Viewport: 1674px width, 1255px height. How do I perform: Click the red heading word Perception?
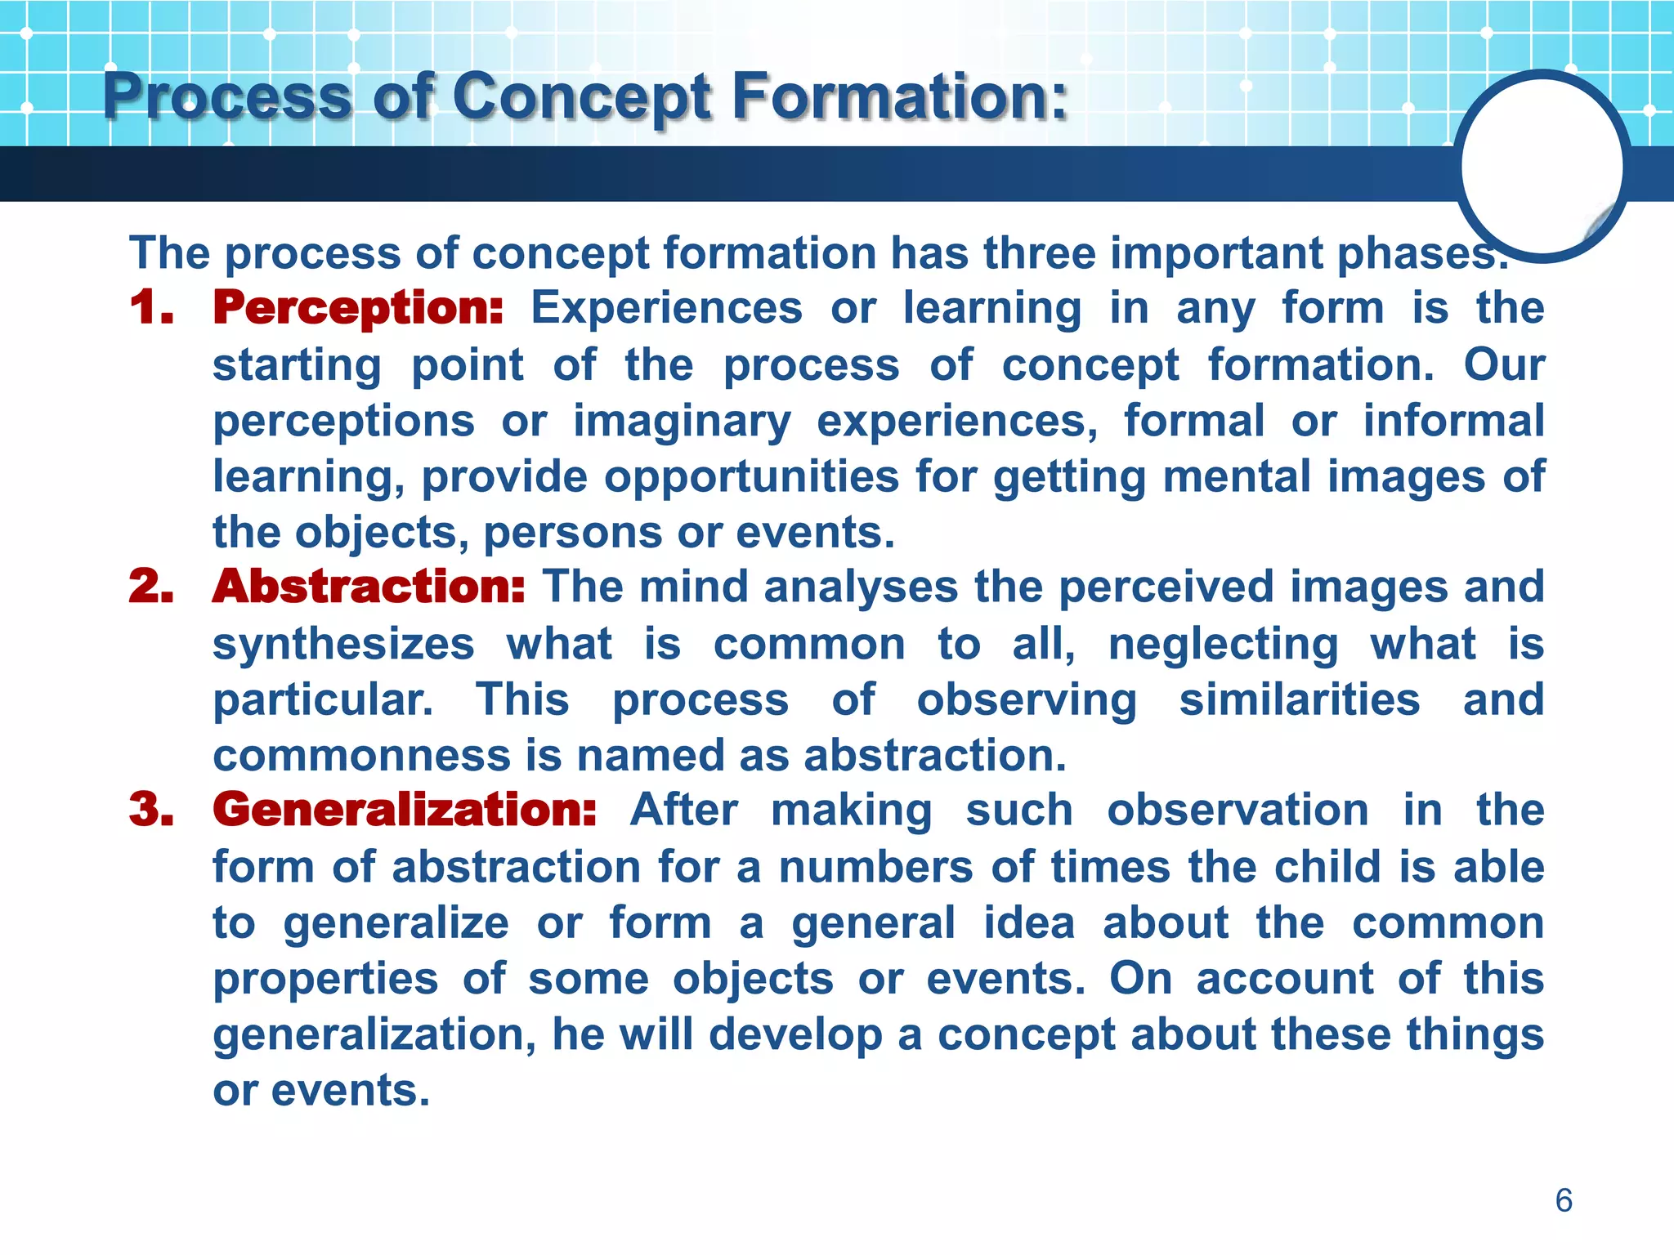pos(358,310)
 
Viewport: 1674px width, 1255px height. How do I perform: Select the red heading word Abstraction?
pos(369,587)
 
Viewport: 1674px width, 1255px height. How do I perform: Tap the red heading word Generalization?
pos(405,811)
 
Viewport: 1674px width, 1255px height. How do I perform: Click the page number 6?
pos(1563,1200)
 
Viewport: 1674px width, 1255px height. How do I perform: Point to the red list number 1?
pos(152,309)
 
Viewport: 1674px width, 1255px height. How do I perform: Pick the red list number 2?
pos(152,587)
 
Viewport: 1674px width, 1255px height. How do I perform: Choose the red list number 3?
pos(152,811)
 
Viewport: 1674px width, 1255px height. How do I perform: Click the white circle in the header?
pos(1542,166)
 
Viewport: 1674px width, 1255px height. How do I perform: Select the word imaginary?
pos(682,422)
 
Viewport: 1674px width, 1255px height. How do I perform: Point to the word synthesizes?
pos(343,645)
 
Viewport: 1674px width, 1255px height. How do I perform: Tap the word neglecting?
pos(1223,645)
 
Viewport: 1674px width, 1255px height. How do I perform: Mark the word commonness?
pos(362,756)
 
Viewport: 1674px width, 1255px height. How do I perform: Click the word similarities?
pos(1299,700)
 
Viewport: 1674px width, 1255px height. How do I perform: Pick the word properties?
pos(325,979)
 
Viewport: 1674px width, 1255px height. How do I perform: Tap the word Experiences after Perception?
pos(666,310)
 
